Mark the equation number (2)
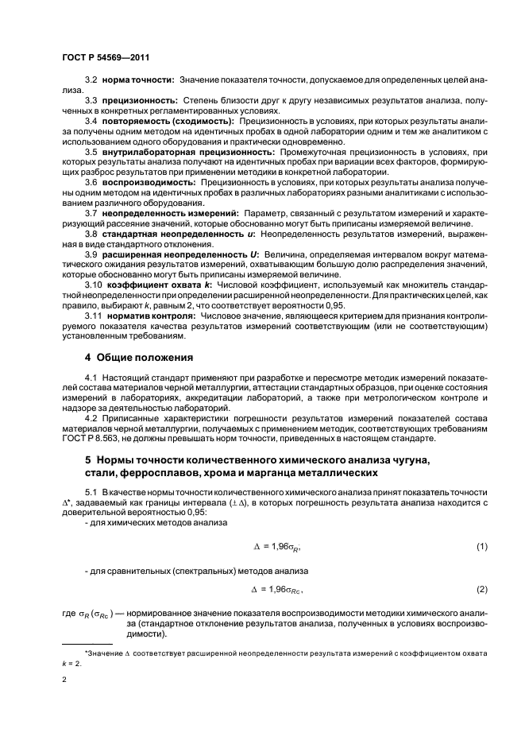(x=481, y=589)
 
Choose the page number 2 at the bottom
(x=64, y=680)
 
